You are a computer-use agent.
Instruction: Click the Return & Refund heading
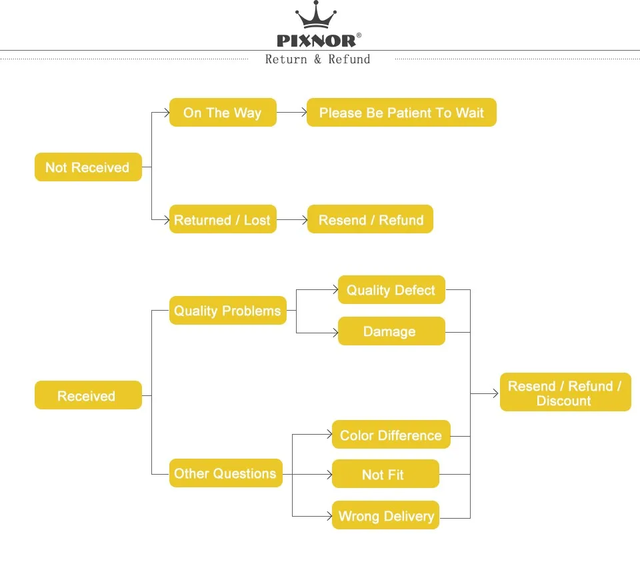point(317,59)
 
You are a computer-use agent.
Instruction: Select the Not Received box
point(88,167)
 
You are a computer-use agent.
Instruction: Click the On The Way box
point(223,113)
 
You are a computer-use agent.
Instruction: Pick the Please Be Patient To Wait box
point(401,113)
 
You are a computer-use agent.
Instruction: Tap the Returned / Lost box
point(223,219)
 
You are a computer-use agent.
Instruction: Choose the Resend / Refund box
point(370,219)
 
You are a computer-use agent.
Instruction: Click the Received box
point(88,395)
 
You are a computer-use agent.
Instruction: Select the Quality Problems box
point(227,311)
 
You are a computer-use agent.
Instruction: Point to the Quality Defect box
point(391,290)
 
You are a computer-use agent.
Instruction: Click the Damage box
point(391,331)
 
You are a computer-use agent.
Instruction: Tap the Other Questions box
point(225,473)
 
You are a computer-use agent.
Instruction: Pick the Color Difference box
point(391,435)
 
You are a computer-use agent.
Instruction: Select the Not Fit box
point(385,474)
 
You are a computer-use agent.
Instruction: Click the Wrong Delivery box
point(385,515)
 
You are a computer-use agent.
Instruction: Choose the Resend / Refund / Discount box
point(565,393)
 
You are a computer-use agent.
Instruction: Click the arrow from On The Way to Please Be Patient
point(292,113)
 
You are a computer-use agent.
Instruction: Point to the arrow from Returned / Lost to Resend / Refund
point(292,219)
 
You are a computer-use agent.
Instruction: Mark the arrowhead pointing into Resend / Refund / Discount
point(495,393)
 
